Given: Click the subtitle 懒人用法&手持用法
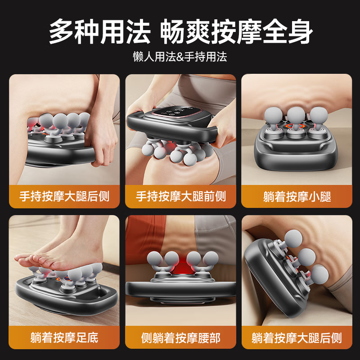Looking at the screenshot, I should (x=180, y=57).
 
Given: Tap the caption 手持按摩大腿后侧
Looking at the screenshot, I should (x=64, y=197).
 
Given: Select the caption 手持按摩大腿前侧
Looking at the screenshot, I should (x=180, y=197).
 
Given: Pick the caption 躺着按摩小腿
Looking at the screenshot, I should (x=297, y=197).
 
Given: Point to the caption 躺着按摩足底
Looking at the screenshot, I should (x=64, y=337).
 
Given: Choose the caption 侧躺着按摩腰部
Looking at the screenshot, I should (x=180, y=337).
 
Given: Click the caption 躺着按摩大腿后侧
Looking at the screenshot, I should (x=297, y=337).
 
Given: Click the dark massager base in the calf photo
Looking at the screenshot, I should (x=295, y=157).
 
